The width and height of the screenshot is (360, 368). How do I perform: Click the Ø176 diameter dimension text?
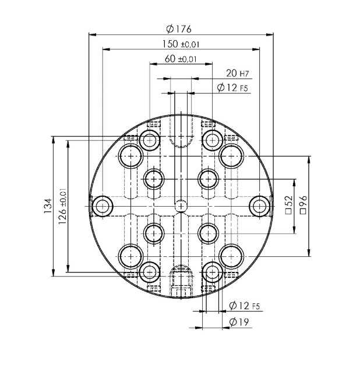pyautogui.click(x=178, y=29)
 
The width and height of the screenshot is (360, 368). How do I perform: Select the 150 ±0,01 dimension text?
pyautogui.click(x=181, y=44)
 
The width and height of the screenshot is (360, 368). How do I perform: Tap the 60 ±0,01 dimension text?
pyautogui.click(x=181, y=59)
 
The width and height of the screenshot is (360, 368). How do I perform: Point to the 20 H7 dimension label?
pyautogui.click(x=237, y=73)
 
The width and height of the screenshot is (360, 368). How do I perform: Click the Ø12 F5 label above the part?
pyautogui.click(x=234, y=88)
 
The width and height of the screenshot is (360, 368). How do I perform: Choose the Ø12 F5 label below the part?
pyautogui.click(x=244, y=306)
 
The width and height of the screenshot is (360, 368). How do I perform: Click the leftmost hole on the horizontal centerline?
pyautogui.click(x=103, y=206)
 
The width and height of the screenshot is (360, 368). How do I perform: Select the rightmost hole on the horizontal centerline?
pyautogui.click(x=259, y=206)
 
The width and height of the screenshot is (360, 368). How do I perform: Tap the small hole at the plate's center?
pyautogui.click(x=181, y=206)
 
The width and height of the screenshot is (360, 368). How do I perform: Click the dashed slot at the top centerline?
pyautogui.click(x=181, y=139)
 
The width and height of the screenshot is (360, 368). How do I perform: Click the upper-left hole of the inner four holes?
pyautogui.click(x=153, y=178)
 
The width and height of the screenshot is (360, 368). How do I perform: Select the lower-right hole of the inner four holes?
pyautogui.click(x=209, y=233)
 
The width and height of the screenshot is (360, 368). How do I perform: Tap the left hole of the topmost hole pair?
pyautogui.click(x=150, y=140)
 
